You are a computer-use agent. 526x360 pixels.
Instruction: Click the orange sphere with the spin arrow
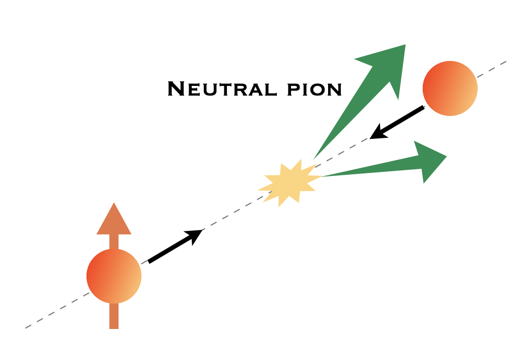114,276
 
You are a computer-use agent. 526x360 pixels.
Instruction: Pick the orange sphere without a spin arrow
450,88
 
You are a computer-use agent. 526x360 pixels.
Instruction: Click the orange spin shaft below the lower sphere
114,316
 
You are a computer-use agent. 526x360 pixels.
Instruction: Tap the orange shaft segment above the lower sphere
114,242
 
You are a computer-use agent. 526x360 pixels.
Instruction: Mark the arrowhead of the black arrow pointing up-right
196,235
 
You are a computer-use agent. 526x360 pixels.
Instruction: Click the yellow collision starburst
288,183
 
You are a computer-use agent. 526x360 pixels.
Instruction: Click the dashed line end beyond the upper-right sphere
506,62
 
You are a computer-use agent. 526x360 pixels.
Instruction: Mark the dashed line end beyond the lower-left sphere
26,327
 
